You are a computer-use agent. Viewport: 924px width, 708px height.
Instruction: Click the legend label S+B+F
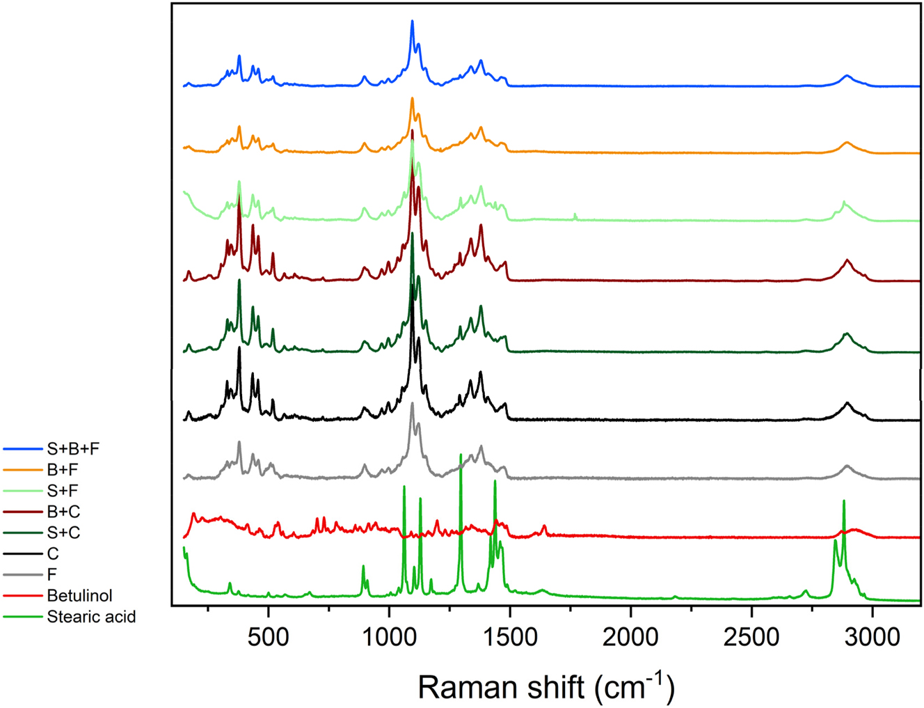(73, 449)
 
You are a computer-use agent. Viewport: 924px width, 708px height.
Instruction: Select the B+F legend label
(63, 471)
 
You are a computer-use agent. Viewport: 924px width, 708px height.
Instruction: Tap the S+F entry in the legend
(63, 491)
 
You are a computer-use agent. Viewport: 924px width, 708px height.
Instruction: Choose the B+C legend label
(63, 512)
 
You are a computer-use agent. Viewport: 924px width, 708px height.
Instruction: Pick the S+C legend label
(63, 533)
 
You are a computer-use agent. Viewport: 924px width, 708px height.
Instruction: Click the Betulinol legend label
(79, 596)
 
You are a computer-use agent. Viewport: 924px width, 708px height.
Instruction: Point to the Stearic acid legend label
(91, 617)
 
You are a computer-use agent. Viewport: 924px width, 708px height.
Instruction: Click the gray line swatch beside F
(22, 575)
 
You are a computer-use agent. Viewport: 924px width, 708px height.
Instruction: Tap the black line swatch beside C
(22, 554)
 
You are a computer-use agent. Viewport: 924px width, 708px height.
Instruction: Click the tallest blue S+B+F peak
(412, 22)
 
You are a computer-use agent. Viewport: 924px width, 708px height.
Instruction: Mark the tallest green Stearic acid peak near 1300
(461, 455)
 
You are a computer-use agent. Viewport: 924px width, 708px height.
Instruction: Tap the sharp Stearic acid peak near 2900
(844, 501)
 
